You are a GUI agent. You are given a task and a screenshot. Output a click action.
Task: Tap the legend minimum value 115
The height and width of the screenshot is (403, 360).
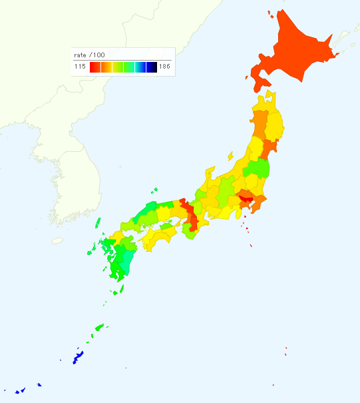(80, 67)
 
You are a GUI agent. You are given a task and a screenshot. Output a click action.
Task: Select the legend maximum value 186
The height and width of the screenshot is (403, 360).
(164, 67)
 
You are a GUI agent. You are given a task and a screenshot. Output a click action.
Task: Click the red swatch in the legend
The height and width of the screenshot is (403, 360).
(94, 67)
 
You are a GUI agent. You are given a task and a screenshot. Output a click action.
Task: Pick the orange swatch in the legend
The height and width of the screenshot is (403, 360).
(106, 67)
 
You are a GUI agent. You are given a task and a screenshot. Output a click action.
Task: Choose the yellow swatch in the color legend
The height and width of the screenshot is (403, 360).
(117, 67)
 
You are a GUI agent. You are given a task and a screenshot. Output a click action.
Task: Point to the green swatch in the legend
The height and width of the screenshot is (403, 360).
(128, 67)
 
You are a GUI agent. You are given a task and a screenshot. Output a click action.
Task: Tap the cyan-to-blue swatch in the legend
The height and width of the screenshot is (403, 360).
(140, 67)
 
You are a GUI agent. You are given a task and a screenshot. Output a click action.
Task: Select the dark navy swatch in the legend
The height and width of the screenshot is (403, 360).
(151, 67)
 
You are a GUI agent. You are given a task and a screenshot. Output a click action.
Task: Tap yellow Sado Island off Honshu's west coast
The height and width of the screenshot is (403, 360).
(231, 157)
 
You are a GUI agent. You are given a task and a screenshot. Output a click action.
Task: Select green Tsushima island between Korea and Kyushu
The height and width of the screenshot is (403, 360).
(90, 252)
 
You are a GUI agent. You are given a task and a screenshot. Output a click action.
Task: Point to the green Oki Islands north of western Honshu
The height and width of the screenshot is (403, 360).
(155, 190)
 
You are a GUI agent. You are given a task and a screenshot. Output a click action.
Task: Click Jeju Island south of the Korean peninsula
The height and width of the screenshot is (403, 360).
(57, 240)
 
